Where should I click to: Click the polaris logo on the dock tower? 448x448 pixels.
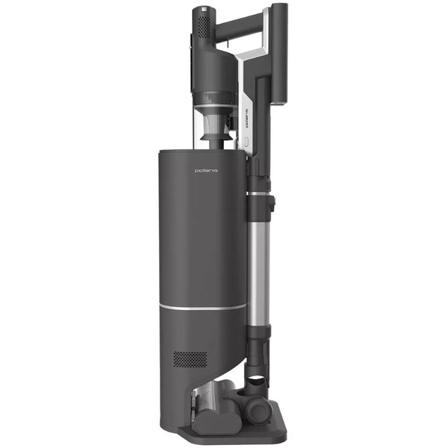click(x=206, y=170)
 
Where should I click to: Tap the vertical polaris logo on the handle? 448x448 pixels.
click(x=247, y=118)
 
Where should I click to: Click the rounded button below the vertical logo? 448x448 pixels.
click(x=246, y=141)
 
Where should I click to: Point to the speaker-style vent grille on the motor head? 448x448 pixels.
click(x=202, y=27)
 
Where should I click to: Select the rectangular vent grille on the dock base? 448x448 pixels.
click(x=190, y=359)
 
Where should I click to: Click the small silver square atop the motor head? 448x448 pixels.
click(x=204, y=10)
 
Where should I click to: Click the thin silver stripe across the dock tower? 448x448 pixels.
click(x=202, y=308)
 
